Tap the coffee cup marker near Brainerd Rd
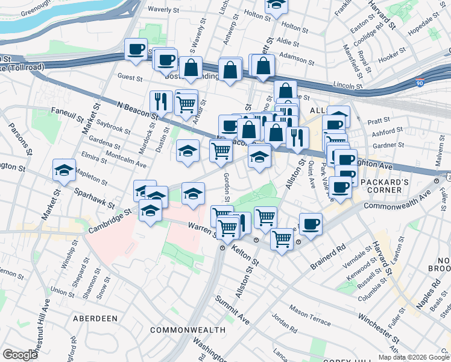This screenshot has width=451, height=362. [311, 224]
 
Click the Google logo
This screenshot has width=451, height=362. [20, 355]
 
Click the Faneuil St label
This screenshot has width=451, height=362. [66, 112]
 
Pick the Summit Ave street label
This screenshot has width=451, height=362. [238, 310]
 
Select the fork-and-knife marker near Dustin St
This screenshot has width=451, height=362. [158, 100]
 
